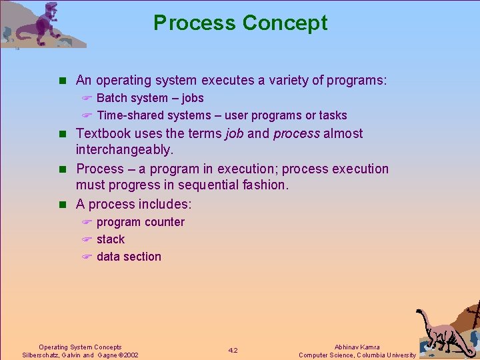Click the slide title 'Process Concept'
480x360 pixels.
tap(240, 23)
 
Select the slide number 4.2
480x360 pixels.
tap(233, 351)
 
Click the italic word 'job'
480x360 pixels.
tap(234, 133)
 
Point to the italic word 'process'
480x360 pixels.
tap(297, 133)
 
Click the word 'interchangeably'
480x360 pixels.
tap(123, 151)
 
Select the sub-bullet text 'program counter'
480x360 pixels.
tap(140, 222)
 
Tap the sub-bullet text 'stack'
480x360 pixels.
tap(110, 239)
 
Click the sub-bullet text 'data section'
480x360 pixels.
tap(129, 257)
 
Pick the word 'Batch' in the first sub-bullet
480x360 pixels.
tap(112, 98)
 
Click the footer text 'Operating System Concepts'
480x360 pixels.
tap(80, 347)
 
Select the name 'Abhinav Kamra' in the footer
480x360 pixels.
tap(357, 347)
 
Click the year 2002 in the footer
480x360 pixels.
tap(129, 355)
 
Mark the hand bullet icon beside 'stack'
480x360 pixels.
tap(86, 239)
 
